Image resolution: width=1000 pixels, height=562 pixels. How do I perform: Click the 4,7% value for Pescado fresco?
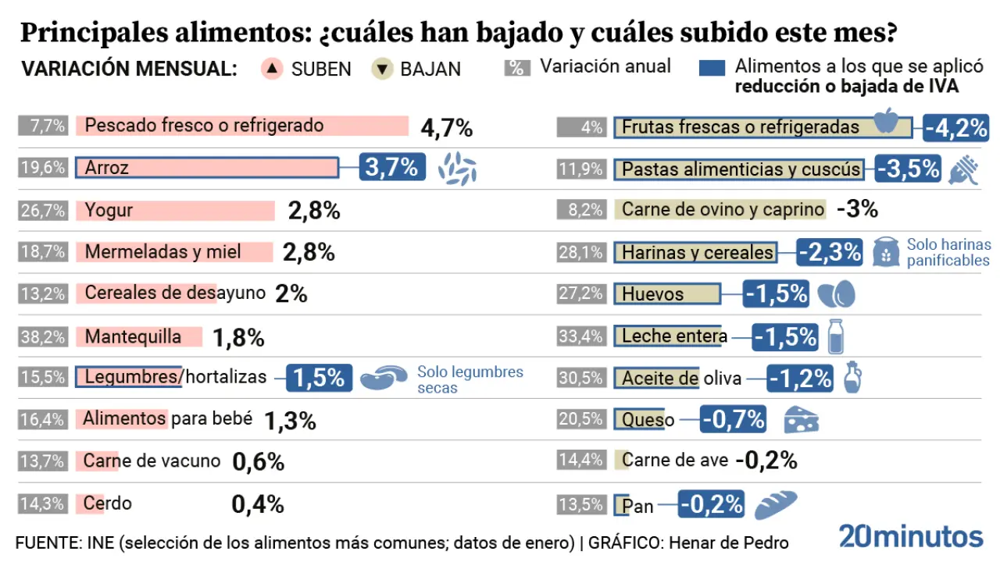[446, 126]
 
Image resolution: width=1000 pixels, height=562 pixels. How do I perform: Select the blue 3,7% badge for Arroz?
[392, 168]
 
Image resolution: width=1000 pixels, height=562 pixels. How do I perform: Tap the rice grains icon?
[457, 169]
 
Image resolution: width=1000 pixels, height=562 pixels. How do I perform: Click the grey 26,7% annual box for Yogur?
[43, 210]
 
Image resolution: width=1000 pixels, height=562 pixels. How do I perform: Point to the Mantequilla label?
[133, 337]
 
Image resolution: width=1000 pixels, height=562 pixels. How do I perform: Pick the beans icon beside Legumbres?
[384, 378]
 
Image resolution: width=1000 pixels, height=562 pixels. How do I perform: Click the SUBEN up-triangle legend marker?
[271, 69]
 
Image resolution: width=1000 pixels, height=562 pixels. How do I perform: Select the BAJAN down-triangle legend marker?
[381, 69]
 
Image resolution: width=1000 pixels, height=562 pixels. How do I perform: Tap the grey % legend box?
[516, 68]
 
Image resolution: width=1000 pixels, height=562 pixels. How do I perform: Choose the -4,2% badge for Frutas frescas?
[956, 126]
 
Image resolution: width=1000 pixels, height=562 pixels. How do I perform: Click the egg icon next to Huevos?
[837, 294]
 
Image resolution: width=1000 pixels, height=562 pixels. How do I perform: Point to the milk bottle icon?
[835, 336]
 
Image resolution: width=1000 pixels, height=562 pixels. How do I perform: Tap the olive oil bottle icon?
[852, 378]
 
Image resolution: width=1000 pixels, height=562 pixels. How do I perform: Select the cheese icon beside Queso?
[802, 420]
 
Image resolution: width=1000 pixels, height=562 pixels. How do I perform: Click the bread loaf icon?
[777, 503]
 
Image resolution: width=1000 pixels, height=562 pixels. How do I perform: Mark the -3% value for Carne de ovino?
[857, 209]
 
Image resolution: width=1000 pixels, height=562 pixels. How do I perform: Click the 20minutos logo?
[911, 536]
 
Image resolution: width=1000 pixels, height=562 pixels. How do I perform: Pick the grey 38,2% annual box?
[43, 336]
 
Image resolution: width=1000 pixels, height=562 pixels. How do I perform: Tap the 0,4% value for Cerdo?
[258, 504]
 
